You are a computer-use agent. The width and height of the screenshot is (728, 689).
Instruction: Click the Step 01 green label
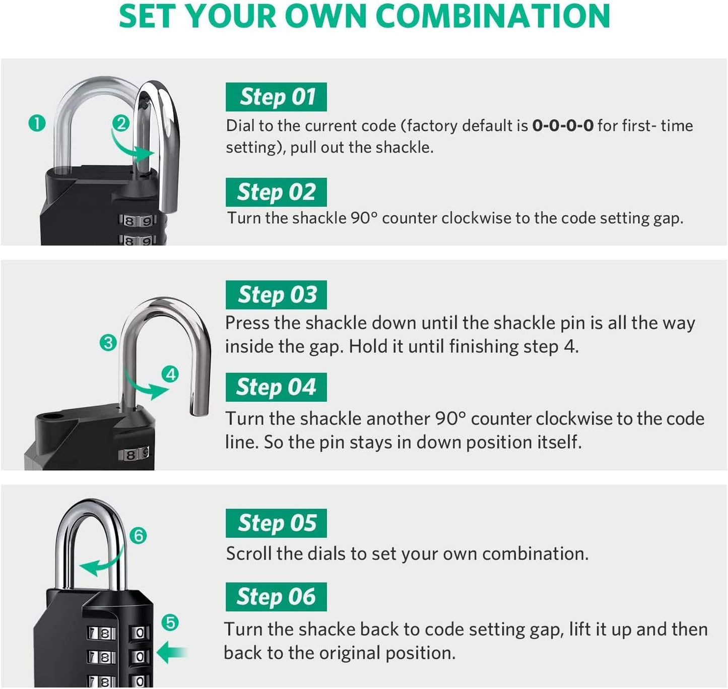point(276,97)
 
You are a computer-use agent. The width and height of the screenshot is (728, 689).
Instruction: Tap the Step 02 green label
point(276,192)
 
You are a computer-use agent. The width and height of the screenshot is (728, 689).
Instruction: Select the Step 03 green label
point(276,295)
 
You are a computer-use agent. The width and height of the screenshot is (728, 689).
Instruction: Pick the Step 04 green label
point(276,387)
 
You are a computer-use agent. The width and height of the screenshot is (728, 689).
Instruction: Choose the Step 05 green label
point(276,523)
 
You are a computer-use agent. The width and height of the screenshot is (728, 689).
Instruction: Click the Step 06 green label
point(276,597)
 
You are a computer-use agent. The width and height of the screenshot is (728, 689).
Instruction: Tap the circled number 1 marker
point(37,123)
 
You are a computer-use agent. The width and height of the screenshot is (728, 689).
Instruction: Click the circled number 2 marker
point(120,123)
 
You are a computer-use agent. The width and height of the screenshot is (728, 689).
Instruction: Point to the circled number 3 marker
point(108,343)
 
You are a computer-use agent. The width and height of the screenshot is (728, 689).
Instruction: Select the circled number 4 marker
point(171,374)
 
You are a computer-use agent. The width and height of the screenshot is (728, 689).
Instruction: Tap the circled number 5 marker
point(170,623)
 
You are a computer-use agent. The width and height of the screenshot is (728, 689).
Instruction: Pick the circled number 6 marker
point(138,535)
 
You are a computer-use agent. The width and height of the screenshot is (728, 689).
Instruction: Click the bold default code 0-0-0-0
point(563,126)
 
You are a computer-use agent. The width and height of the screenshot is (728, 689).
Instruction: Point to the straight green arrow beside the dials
point(172,653)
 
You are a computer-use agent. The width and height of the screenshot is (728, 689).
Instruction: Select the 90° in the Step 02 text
point(363,218)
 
